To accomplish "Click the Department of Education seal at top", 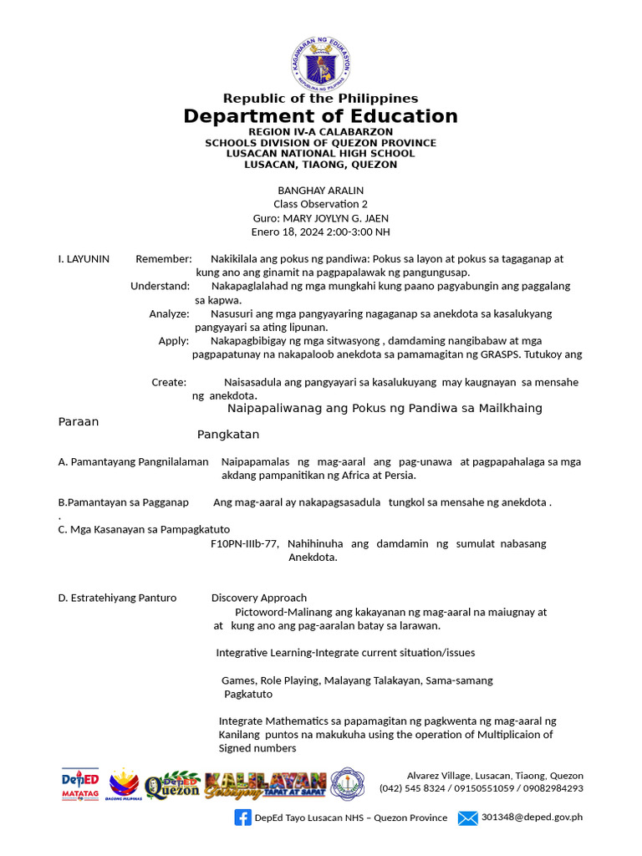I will (320, 64).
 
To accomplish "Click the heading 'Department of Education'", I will (320, 116).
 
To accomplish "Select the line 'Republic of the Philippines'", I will (320, 99).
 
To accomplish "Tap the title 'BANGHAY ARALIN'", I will (320, 191).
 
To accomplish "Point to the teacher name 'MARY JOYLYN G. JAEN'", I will (339, 218).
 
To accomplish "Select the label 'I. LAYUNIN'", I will (84, 259).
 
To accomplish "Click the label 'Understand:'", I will (160, 286).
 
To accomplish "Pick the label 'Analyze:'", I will (169, 313).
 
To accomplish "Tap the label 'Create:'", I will (169, 382).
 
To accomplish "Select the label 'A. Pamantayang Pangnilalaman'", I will (133, 461).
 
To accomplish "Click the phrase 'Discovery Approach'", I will (258, 598).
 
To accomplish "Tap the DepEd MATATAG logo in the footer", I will (80, 784).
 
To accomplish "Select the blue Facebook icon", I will (243, 818).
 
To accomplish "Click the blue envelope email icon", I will (467, 818).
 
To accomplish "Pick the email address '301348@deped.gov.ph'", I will (532, 818).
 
